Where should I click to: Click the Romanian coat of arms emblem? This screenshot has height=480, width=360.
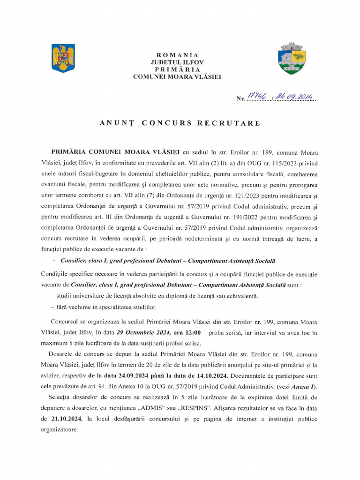pyautogui.click(x=63, y=58)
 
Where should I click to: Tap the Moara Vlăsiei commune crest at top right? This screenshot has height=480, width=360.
pyautogui.click(x=292, y=59)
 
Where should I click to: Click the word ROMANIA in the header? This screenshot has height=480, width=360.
pyautogui.click(x=177, y=55)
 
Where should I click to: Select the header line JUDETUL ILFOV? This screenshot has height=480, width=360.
pyautogui.click(x=177, y=62)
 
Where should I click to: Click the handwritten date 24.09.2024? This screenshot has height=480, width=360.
pyautogui.click(x=295, y=97)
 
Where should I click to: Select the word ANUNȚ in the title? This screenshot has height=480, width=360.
pyautogui.click(x=116, y=123)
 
